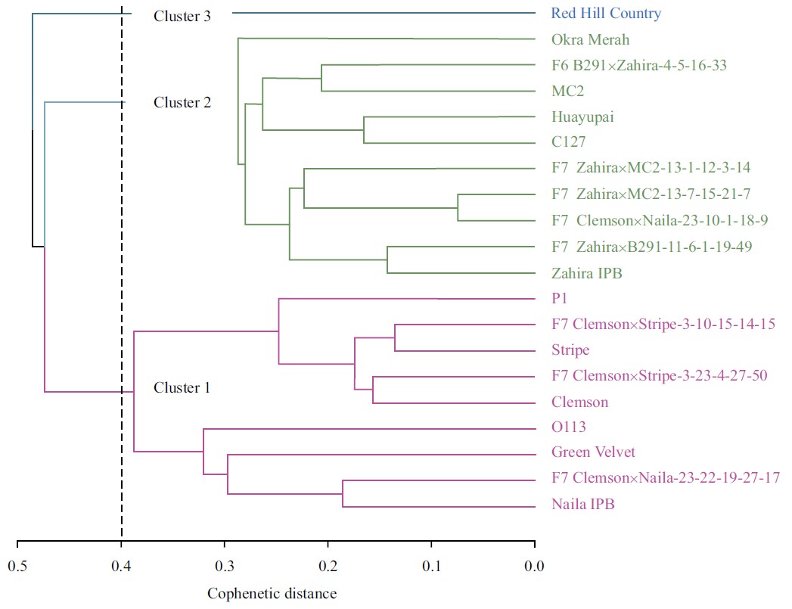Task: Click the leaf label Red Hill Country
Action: pos(606,14)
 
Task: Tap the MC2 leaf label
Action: pos(568,91)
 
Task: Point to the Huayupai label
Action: pos(582,117)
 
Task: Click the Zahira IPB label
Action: pos(587,273)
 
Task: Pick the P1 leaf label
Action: pos(561,299)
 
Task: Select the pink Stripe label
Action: pos(571,350)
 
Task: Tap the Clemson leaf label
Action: pos(580,402)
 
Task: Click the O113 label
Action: pos(569,428)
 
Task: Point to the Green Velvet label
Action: pos(594,452)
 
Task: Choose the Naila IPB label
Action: pos(583,505)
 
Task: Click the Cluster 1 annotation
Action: pos(182,388)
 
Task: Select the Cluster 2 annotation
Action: pos(182,102)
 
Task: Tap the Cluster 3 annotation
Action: pos(182,16)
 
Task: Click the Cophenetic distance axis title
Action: pos(272,594)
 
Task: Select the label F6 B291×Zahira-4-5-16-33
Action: pos(639,65)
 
